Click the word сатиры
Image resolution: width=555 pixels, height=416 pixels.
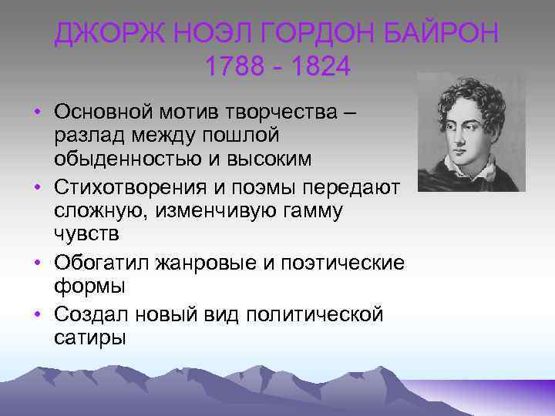pyautogui.click(x=89, y=337)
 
